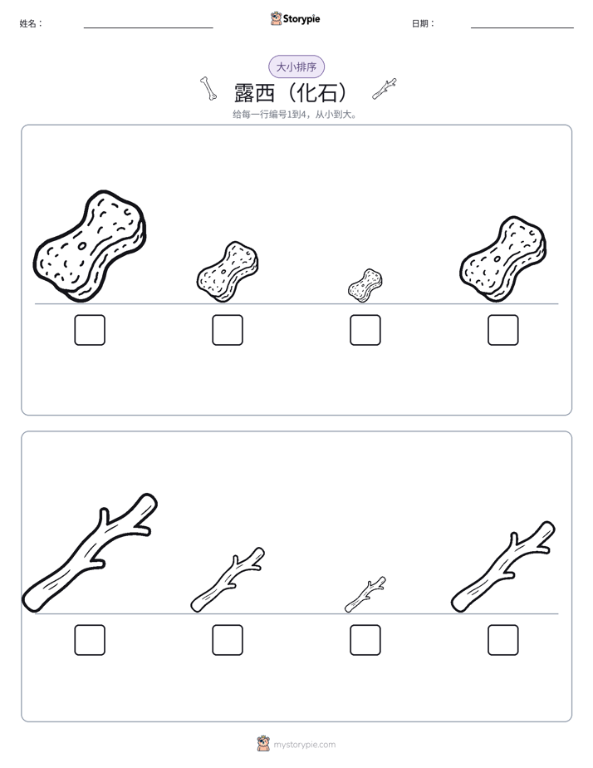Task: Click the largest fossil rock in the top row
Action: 90,246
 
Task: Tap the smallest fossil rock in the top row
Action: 365,285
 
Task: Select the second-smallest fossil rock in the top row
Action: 228,271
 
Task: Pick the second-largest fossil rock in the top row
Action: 503,258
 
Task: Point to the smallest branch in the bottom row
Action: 365,594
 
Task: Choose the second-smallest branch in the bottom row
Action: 227,580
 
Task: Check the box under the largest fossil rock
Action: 90,330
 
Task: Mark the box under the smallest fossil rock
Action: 365,330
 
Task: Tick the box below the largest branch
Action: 90,640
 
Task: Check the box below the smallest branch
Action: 365,640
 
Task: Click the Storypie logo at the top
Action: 295,18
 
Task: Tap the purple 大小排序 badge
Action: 296,66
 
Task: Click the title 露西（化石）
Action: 292,92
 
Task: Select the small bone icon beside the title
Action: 208,89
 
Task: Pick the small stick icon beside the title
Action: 384,89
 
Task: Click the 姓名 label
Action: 31,23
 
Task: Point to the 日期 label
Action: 424,23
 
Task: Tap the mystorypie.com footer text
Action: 304,745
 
